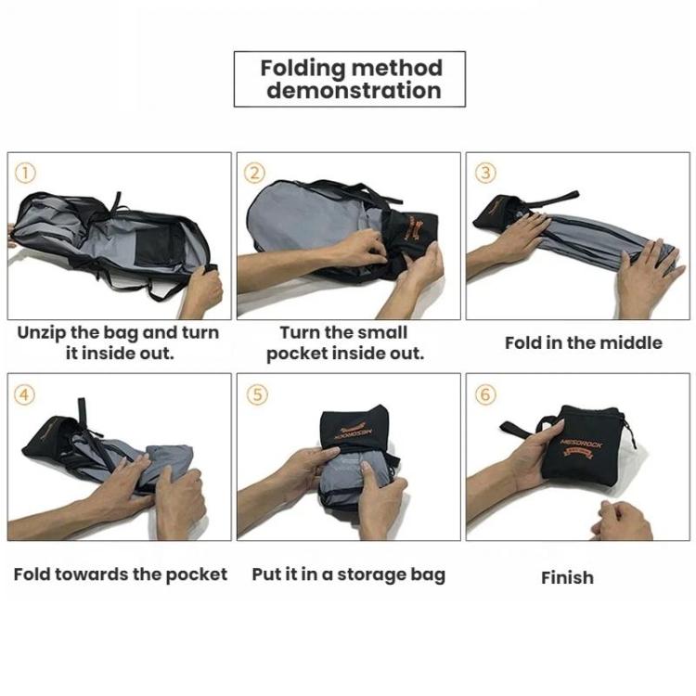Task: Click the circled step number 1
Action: [25, 174]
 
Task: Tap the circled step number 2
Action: [255, 174]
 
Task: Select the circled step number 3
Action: [485, 174]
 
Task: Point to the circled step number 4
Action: [25, 394]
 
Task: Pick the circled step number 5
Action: [257, 394]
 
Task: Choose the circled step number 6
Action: [485, 394]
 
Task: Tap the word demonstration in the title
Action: [354, 91]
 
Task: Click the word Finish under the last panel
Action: [567, 577]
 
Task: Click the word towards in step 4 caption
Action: [92, 574]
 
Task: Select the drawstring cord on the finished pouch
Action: [629, 431]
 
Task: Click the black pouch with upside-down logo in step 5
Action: [355, 429]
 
